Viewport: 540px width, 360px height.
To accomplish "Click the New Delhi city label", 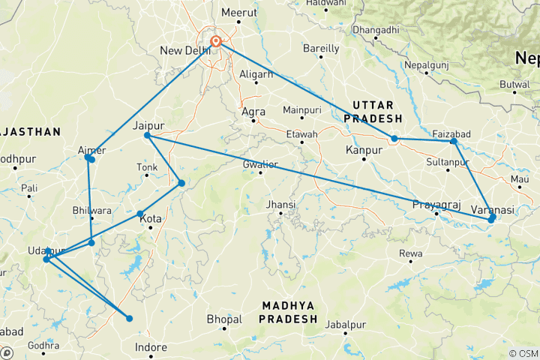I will point(184,50).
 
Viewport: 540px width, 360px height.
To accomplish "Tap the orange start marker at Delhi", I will point(216,42).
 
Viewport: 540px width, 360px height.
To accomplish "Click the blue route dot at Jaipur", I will point(148,135).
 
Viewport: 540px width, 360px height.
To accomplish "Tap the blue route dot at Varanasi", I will point(491,219).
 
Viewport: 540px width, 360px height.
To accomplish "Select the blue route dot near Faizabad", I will point(454,141).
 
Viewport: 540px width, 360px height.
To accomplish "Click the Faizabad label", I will point(451,133).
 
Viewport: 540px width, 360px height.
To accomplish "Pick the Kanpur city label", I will point(359,151).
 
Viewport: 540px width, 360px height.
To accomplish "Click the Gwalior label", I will point(260,164).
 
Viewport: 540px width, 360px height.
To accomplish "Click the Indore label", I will point(150,347).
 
